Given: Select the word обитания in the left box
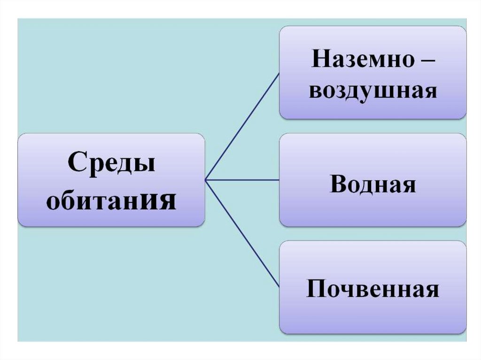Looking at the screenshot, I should (111, 201).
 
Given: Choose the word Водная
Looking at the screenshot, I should (372, 184).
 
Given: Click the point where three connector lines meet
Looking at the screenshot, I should (206, 179).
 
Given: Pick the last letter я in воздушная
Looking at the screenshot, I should (430, 92).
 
